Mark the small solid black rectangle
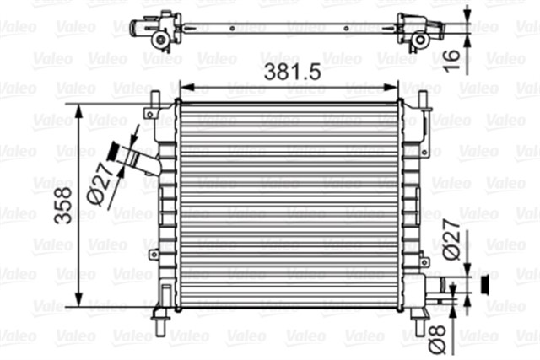(x=484, y=285)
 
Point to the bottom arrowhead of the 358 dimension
(x=81, y=303)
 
